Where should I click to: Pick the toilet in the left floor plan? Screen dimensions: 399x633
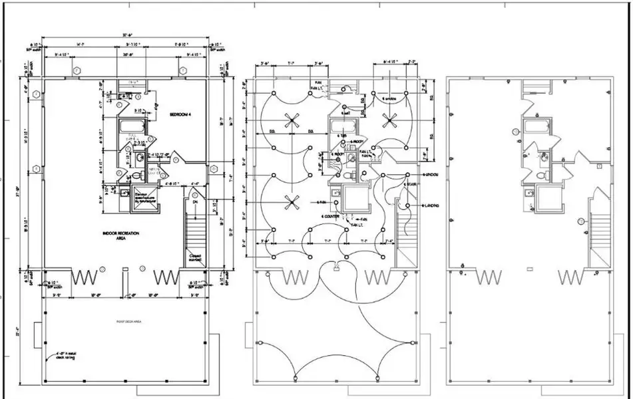pyautogui.click(x=138, y=175)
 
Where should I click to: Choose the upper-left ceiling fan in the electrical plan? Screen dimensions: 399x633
pyautogui.click(x=290, y=120)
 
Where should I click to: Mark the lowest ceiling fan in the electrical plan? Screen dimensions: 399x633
pyautogui.click(x=290, y=201)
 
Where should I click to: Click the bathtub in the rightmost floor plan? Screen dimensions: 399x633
pyautogui.click(x=534, y=128)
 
